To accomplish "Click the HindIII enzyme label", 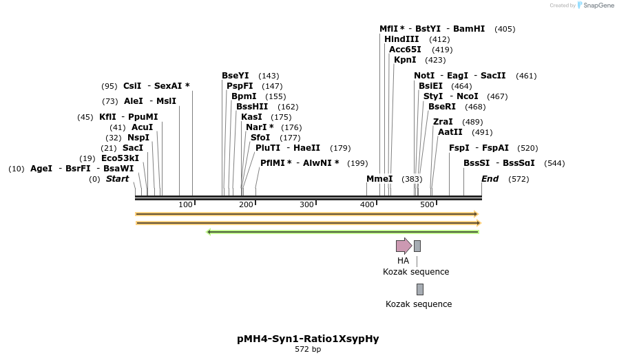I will coord(401,39).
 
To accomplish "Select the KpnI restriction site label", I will coord(405,60).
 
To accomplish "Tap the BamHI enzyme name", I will coord(469,29).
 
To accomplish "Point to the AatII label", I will coord(450,131).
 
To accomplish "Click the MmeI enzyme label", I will coord(379,179).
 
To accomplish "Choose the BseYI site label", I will coord(236,76).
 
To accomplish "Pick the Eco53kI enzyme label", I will coord(120,158).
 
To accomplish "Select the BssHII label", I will coord(252,107).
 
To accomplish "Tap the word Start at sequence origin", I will coord(117,179).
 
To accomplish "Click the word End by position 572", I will coord(490,179).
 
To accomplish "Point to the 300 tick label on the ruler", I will coord(306,204).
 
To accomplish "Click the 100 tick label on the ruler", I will coord(185,204).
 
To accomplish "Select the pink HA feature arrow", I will coord(404,246).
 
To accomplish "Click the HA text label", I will coord(403,261).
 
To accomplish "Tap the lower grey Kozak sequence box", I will coord(420,289).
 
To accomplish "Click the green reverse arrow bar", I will coord(343,232).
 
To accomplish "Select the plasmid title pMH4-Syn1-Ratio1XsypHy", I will coord(308,339).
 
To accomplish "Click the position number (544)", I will coord(554,163).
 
